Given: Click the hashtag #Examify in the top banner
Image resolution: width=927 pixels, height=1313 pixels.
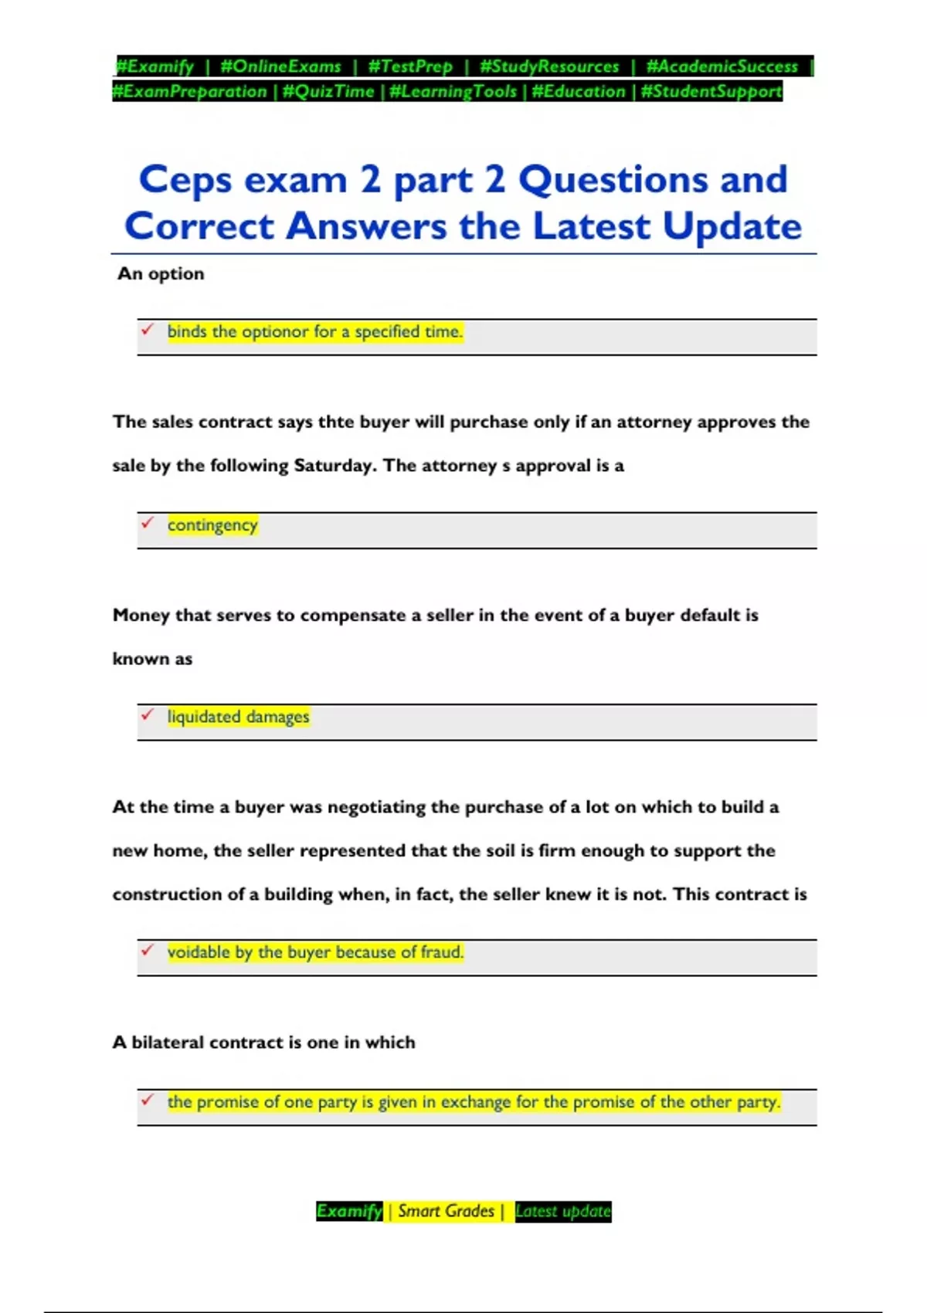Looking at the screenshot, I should click(154, 66).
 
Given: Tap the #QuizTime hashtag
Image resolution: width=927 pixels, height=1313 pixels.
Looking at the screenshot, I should click(328, 91).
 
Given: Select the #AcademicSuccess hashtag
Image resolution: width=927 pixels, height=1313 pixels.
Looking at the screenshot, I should click(722, 66).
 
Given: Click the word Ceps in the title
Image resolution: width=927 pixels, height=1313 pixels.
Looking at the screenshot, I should click(185, 180).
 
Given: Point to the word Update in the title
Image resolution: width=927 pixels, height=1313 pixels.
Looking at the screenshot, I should click(732, 226).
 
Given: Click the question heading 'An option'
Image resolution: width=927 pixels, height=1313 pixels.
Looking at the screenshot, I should click(161, 273).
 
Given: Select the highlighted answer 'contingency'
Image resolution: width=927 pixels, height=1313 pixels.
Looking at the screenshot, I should click(212, 525).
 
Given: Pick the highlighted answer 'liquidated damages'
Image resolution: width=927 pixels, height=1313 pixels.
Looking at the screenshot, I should click(238, 717).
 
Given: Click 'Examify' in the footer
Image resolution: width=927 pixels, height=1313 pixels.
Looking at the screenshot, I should click(349, 1211).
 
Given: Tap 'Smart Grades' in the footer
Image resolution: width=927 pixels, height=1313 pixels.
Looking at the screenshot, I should click(446, 1211).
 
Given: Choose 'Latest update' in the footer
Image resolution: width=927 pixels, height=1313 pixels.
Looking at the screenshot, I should click(562, 1211).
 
